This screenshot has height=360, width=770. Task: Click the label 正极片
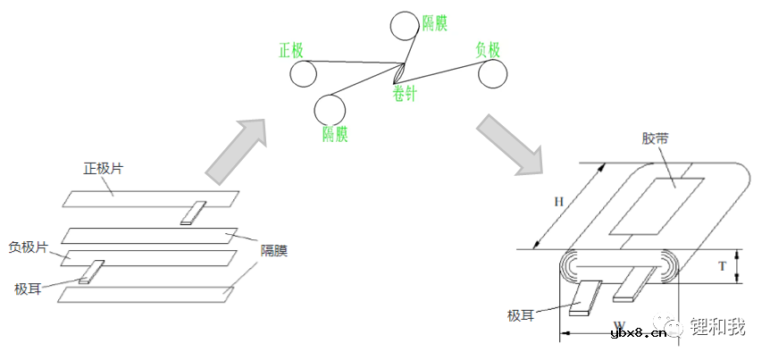tap(103, 169)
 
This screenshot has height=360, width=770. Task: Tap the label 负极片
tap(29, 247)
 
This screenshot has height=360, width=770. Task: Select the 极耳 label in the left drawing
tap(28, 289)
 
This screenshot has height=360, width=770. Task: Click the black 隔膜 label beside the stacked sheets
tap(274, 251)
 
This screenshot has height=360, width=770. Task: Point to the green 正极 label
tap(291, 50)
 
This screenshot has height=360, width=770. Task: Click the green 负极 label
tap(488, 50)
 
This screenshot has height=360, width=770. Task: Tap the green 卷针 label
tap(404, 93)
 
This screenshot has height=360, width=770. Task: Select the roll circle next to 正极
tap(303, 74)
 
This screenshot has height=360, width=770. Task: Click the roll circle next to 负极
tap(492, 75)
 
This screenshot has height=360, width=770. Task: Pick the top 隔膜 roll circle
tap(406, 27)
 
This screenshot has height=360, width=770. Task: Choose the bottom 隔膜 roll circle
tap(330, 110)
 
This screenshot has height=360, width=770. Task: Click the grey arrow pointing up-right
tap(236, 151)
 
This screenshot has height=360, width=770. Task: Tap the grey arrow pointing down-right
tap(510, 145)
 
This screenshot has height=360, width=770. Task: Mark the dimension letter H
tap(558, 202)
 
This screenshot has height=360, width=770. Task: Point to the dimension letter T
tap(722, 266)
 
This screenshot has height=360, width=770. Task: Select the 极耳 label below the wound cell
tap(521, 314)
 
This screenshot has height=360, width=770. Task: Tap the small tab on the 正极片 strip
tap(193, 213)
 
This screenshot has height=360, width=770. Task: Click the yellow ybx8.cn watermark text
tap(639, 334)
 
